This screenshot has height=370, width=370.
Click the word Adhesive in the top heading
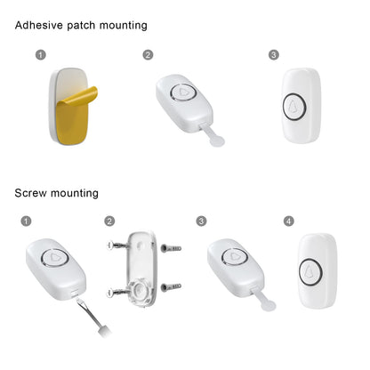pyautogui.click(x=39, y=25)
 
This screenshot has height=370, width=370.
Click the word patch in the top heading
pyautogui.click(x=81, y=26)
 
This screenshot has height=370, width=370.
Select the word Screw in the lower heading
pyautogui.click(x=31, y=193)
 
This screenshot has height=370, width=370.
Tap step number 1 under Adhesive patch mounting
pyautogui.click(x=41, y=55)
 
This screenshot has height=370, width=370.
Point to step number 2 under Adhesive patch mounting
pyautogui.click(x=148, y=55)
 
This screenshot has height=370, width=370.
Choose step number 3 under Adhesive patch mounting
pyautogui.click(x=274, y=55)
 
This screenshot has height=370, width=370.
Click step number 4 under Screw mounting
pyautogui.click(x=289, y=221)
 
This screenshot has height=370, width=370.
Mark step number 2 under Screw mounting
pyautogui.click(x=109, y=221)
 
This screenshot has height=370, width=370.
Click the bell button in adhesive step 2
pyautogui.click(x=183, y=92)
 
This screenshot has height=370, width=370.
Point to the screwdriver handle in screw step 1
pyautogui.click(x=104, y=331)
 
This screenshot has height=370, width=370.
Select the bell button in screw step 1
pyautogui.click(x=55, y=257)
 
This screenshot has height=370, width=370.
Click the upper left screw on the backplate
pyautogui.click(x=117, y=245)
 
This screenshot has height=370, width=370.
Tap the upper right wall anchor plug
pyautogui.click(x=171, y=248)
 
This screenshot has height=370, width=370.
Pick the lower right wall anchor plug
pyautogui.click(x=171, y=287)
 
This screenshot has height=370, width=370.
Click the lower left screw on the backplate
pyautogui.click(x=117, y=293)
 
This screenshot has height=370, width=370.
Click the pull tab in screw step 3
pyautogui.click(x=264, y=300)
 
